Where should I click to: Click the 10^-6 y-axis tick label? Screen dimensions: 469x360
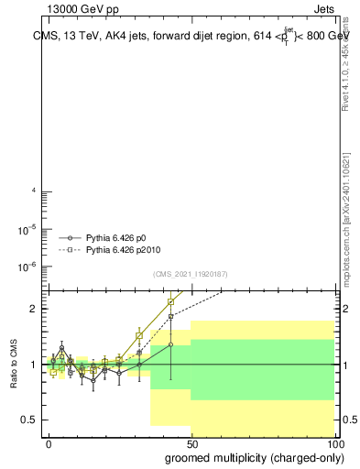point(29,267)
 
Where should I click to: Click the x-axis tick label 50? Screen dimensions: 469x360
point(191,442)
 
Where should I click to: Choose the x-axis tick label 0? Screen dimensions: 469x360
point(49,442)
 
